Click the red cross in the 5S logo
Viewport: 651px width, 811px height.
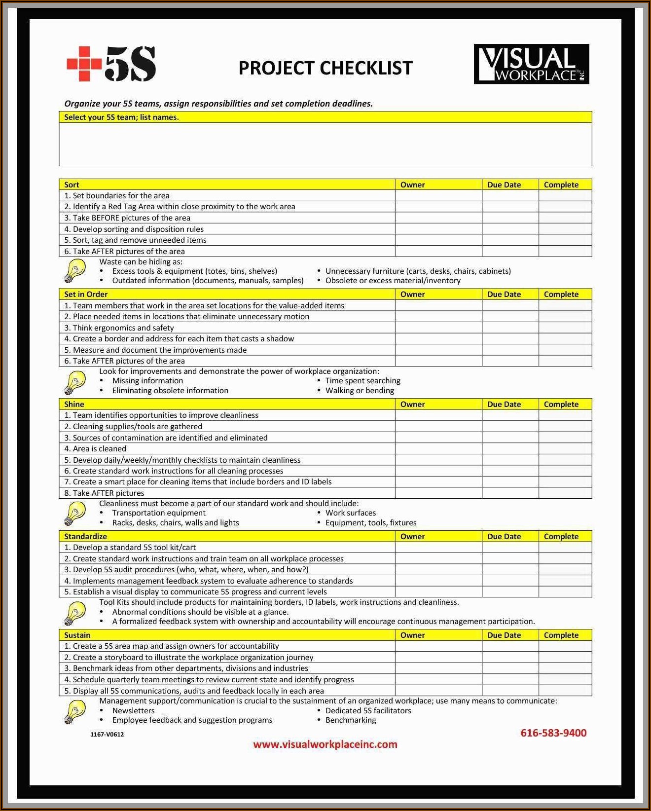point(84,64)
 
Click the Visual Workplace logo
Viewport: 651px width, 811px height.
point(531,64)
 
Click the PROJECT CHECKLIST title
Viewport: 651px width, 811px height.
point(325,68)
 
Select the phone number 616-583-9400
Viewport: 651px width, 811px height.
point(553,733)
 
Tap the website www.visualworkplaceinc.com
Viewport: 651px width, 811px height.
point(325,744)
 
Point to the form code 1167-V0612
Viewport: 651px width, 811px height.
point(107,734)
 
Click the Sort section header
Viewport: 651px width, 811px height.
point(72,184)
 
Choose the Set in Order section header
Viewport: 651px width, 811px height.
point(86,294)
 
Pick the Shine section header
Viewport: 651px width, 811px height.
point(74,404)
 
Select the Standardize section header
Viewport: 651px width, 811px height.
point(85,536)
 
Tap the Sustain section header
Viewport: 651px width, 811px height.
point(77,635)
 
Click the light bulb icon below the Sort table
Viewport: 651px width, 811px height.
point(74,271)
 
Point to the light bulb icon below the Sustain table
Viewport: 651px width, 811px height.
point(74,712)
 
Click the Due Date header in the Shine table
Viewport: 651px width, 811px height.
point(504,404)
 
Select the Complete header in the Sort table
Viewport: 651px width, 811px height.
point(561,184)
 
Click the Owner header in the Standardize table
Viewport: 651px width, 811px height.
point(412,536)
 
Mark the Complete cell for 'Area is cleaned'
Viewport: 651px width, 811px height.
point(565,449)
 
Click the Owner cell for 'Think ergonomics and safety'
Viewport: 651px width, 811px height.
point(438,328)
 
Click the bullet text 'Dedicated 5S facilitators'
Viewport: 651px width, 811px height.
point(368,710)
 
